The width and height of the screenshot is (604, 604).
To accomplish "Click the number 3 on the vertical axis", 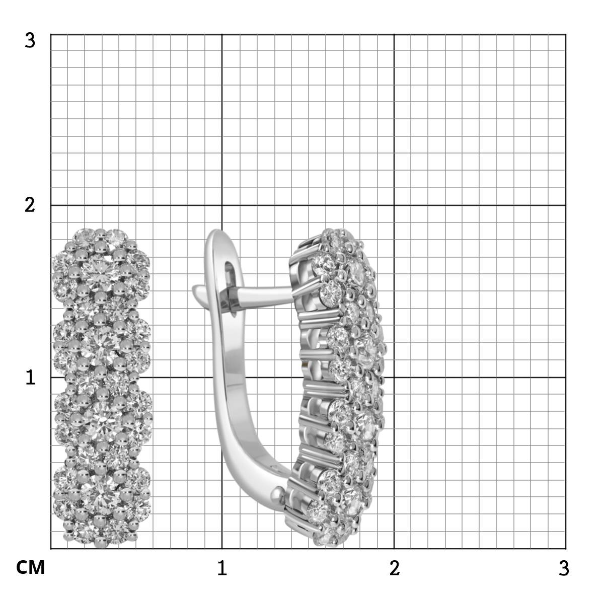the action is (30, 41).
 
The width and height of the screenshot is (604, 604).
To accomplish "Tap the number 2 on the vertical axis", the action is (30, 205).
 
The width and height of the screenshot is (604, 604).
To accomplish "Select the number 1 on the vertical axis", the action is (30, 377).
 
